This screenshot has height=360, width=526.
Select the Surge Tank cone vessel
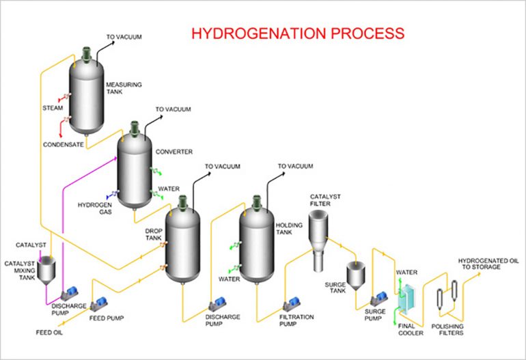(x=357, y=275)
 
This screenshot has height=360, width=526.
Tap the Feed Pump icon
(x=102, y=301)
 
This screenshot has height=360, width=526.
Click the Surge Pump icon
(x=378, y=299)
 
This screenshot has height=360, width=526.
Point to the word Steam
(x=53, y=107)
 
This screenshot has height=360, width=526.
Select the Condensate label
(x=63, y=145)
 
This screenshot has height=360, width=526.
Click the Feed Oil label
(x=49, y=333)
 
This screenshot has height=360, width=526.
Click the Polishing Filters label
(x=447, y=329)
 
